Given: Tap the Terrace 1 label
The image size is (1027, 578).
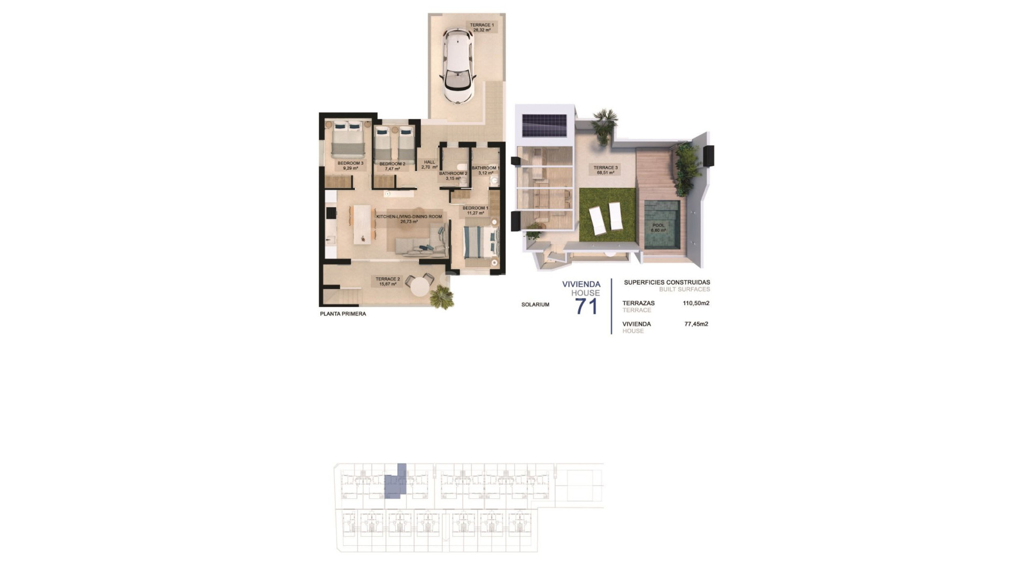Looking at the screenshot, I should (x=481, y=28).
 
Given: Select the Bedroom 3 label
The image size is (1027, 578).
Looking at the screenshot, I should (x=350, y=166).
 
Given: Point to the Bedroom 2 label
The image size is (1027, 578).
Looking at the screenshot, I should (x=392, y=166).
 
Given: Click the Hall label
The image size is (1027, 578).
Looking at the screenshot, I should (x=430, y=164).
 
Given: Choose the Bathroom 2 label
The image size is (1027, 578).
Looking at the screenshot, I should (x=453, y=176).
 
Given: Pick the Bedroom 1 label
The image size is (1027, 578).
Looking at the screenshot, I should (x=475, y=210).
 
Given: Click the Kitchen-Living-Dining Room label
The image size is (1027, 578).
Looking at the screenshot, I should (x=409, y=219).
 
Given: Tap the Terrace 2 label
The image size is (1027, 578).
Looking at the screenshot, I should (x=388, y=282).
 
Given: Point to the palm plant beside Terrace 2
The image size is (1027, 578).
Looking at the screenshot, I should (x=442, y=297).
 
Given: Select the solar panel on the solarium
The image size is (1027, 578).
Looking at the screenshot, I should (x=545, y=126).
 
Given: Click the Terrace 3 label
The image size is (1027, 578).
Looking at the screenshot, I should (x=606, y=170).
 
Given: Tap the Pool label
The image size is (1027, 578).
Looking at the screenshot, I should (x=658, y=227).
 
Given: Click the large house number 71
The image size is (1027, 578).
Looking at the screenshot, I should (x=586, y=307).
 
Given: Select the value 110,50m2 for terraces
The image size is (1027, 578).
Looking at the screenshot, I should (x=696, y=303).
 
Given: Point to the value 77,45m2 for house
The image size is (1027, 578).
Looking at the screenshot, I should (x=696, y=324).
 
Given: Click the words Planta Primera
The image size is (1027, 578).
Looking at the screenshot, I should (x=343, y=314).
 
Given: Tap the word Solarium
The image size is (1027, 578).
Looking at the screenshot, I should (x=535, y=305).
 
